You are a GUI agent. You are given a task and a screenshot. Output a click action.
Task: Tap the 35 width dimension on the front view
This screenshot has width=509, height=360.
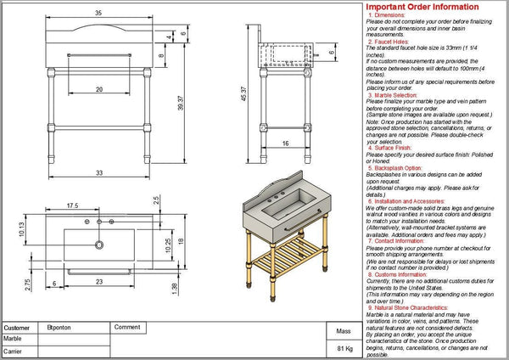[x=98, y=14]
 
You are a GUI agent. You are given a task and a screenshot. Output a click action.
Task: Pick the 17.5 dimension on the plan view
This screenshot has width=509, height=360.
[x=74, y=205]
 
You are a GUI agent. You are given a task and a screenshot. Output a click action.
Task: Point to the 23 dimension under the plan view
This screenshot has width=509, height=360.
[x=99, y=281]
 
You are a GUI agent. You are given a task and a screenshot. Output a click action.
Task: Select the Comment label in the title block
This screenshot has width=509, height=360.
[x=126, y=327]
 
